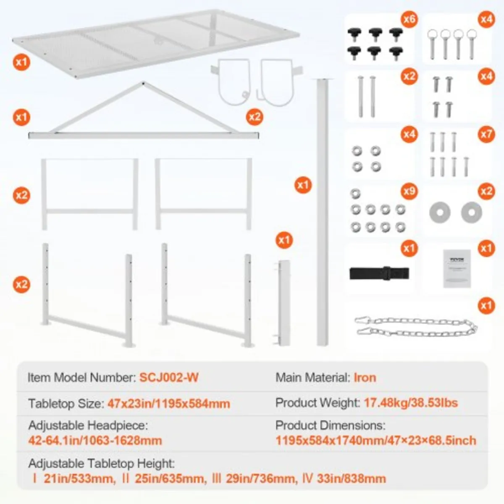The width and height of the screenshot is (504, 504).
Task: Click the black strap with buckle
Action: coord(379,273)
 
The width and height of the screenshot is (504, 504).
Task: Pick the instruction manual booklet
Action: coord(457,268)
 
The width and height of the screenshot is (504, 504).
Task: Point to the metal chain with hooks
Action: coord(415,327)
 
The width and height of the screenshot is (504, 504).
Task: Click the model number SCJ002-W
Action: coord(169,377)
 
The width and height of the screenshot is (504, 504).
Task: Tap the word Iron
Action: coord(365,377)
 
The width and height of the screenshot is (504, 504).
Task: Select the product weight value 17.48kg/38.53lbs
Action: coord(410,403)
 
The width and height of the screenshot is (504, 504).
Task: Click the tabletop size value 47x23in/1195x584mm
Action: coord(168,404)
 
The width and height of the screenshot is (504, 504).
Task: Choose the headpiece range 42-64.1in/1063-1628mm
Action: coord(95,441)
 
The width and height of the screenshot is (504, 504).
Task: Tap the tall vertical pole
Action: coord(323,210)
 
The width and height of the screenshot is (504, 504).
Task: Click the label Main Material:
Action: coord(312,377)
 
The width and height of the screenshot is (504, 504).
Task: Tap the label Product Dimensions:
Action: coord(330,425)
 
